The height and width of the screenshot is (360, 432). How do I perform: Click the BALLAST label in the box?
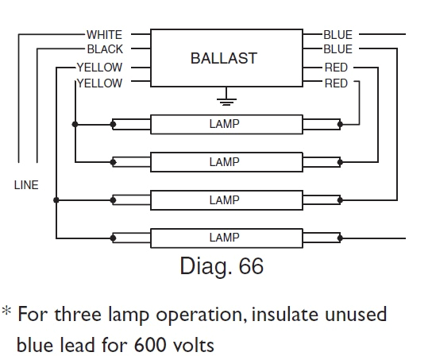224,59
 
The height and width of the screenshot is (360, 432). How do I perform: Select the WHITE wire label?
104,35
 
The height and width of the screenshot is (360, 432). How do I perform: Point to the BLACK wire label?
105,50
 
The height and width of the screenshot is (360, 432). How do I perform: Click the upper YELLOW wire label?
100,68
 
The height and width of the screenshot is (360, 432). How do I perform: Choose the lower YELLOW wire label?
100,83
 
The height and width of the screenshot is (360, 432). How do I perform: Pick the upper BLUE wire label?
337,35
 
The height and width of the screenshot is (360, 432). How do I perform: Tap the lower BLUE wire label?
337,49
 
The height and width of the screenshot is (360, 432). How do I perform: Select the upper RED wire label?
336,68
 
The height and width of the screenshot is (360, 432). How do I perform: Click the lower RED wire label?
336,83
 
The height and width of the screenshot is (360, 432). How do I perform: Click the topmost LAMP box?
224,124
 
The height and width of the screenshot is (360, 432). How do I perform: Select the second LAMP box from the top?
224,162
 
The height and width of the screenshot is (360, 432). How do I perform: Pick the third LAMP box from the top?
224,200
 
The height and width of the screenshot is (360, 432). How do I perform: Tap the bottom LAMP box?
224,238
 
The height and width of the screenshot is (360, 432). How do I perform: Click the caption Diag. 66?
222,265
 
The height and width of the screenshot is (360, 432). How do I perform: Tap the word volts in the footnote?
191,346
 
